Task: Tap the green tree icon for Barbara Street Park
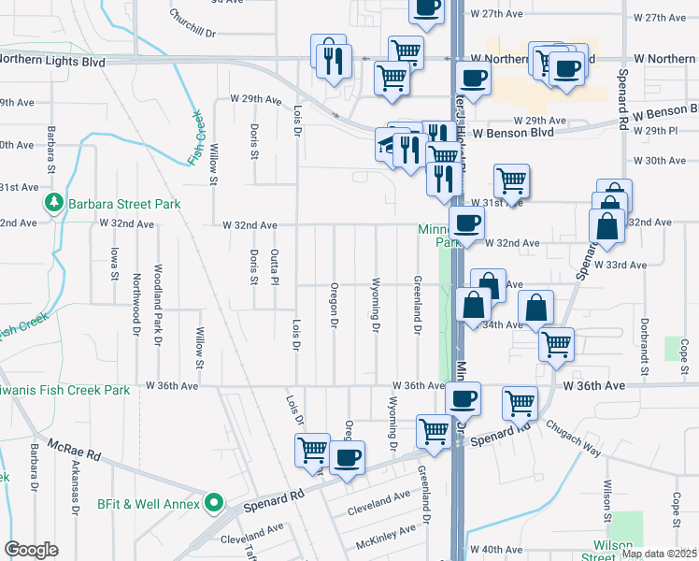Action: [x=54, y=203]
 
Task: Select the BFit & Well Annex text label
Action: [x=149, y=505]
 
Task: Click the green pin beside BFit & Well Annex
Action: [x=213, y=505]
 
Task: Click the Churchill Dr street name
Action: [x=193, y=23]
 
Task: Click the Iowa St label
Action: [x=115, y=264]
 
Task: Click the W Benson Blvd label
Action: [x=512, y=133]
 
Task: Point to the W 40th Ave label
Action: [x=498, y=549]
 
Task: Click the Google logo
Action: [x=31, y=550]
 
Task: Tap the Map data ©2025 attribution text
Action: [x=659, y=554]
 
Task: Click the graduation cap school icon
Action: [x=386, y=144]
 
